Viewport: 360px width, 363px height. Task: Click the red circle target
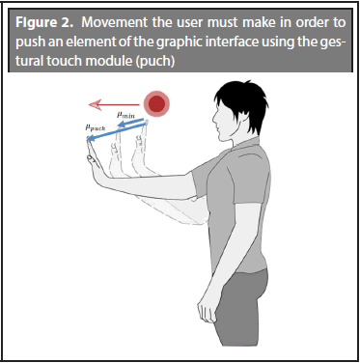point(156,103)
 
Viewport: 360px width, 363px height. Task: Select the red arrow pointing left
point(114,104)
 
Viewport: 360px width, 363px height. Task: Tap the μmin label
point(125,115)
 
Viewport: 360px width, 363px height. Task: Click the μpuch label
point(96,127)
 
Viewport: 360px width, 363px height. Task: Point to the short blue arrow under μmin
point(130,124)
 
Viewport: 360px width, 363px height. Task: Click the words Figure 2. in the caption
point(45,22)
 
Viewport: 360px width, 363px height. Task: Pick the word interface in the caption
point(232,42)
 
